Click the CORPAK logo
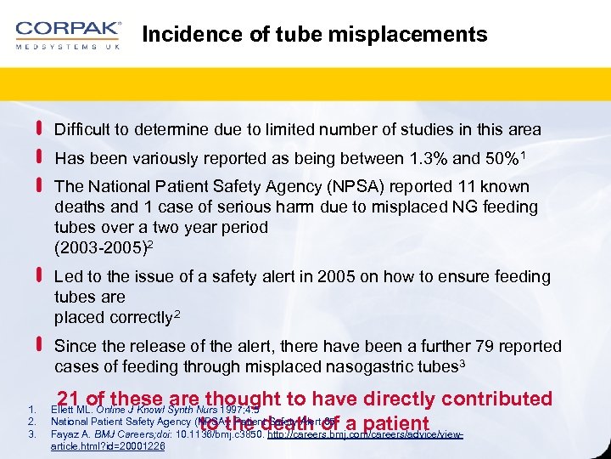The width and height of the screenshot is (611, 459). pos(68,35)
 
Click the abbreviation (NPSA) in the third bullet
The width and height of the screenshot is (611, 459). pos(317,187)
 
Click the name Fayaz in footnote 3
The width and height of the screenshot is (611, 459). pos(64,434)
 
